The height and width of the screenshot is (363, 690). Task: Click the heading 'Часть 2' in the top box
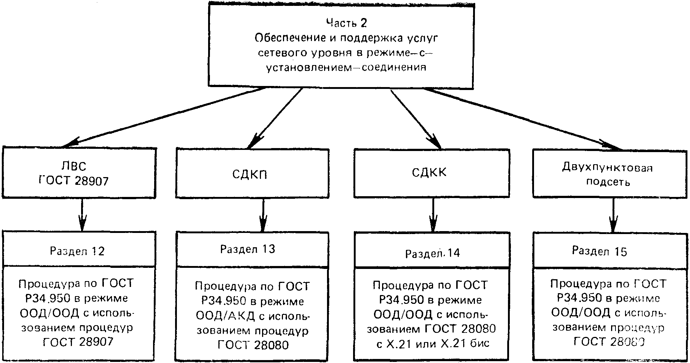tap(346, 23)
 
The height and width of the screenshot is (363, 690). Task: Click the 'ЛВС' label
tap(74, 166)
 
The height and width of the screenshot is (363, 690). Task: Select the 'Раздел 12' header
tap(77, 251)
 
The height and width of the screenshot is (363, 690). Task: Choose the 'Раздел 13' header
tap(247, 249)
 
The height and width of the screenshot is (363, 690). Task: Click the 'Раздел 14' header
tap(432, 253)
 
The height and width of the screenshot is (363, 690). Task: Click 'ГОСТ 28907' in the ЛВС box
tap(74, 181)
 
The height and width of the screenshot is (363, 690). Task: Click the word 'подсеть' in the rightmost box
tap(608, 182)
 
